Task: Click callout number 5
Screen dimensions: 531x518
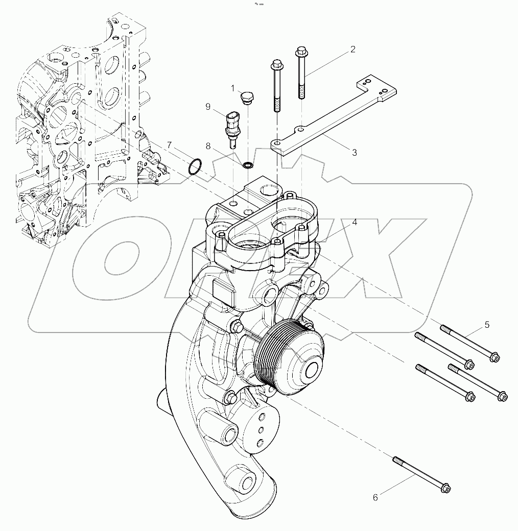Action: coord(486,324)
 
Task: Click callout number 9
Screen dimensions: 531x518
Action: coord(208,106)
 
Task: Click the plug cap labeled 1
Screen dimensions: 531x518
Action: coord(248,97)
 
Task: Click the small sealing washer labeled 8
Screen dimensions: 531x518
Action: coord(248,165)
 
